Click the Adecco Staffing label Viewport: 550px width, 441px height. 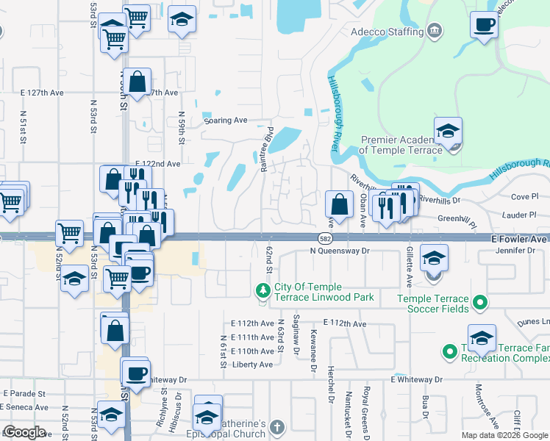click(x=387, y=32)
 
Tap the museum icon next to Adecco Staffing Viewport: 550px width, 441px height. click(x=435, y=31)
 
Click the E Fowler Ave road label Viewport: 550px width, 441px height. click(x=519, y=240)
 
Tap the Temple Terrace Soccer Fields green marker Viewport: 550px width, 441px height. click(x=479, y=301)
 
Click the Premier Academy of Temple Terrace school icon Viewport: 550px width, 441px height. click(x=447, y=132)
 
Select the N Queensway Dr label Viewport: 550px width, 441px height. click(x=338, y=251)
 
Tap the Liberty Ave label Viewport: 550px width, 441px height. click(x=254, y=365)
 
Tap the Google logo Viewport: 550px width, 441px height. click(x=24, y=432)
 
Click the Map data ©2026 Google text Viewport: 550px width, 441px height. click(x=504, y=435)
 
